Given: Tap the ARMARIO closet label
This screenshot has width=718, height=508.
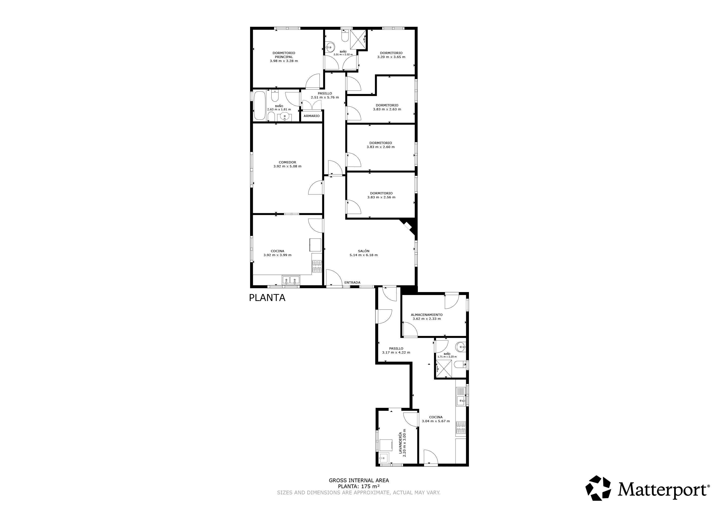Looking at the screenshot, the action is [x=312, y=116].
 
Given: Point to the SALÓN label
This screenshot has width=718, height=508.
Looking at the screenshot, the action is [x=364, y=251].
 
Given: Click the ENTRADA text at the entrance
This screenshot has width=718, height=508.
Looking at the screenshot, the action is [x=352, y=282].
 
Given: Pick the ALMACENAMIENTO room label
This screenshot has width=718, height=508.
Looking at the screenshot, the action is [x=427, y=315].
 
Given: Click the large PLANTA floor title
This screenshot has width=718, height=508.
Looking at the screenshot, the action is [x=267, y=298].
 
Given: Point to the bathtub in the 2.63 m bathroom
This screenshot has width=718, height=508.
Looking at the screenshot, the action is [x=259, y=105].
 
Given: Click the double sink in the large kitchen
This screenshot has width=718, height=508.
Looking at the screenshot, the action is [x=291, y=280].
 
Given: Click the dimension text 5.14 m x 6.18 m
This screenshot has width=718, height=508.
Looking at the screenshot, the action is [x=364, y=255].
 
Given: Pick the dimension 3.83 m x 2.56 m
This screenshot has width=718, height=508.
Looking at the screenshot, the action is [x=381, y=197].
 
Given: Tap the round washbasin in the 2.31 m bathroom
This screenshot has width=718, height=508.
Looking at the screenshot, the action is [x=330, y=48].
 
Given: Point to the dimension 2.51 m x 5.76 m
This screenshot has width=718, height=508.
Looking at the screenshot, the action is [x=325, y=97].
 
